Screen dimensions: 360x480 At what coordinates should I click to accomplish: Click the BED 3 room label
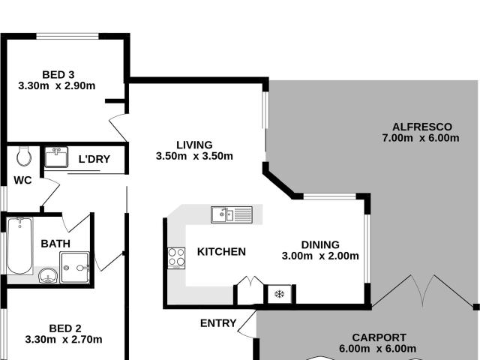(58, 74)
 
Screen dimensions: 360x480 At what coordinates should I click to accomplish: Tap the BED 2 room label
(64, 328)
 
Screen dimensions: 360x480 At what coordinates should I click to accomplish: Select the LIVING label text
(194, 145)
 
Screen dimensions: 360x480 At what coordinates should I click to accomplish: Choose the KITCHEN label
(221, 251)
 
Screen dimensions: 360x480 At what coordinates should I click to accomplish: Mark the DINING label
(320, 244)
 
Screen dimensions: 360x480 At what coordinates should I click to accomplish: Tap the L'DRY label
(94, 159)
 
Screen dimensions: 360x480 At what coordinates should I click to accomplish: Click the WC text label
(22, 180)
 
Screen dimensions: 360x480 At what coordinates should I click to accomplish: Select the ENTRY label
(218, 323)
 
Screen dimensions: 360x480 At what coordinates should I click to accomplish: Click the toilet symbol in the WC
(24, 156)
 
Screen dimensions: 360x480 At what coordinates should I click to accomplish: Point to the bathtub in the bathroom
(19, 246)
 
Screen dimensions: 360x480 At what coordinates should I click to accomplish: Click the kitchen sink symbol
(232, 214)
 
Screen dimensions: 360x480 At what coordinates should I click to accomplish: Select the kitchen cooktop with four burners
(176, 257)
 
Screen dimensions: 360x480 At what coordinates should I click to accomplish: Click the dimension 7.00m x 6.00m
(409, 138)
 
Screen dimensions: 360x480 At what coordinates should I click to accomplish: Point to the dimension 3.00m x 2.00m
(320, 256)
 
